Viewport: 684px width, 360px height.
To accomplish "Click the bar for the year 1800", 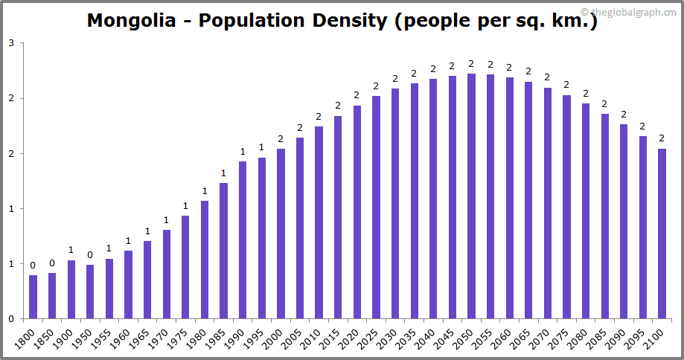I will point(33,297).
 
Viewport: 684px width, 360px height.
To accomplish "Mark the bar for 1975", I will point(185,267).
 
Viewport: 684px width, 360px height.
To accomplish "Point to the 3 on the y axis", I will point(11,43).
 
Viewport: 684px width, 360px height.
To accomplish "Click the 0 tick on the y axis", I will point(11,319).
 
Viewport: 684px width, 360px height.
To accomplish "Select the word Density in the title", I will point(349,20).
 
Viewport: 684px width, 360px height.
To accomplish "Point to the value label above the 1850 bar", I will point(52,263).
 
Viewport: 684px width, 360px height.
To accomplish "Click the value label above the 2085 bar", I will point(604,103).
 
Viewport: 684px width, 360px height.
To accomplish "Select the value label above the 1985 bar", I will point(223,173).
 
